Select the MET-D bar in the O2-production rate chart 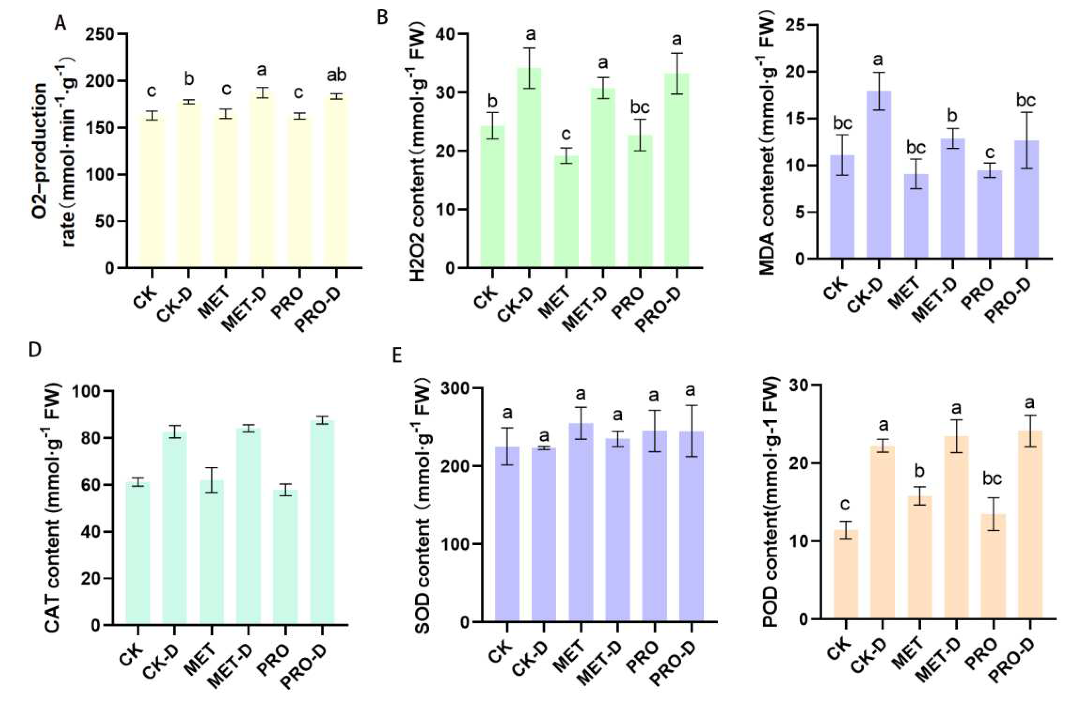(263, 179)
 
